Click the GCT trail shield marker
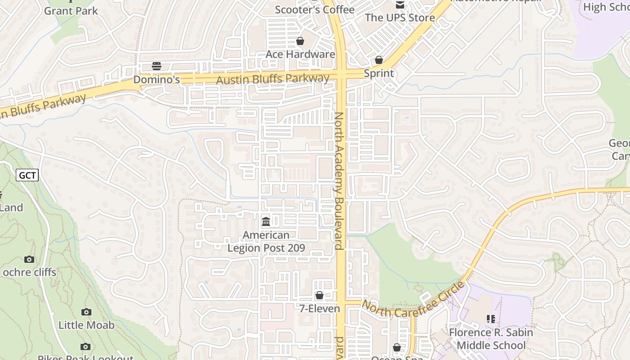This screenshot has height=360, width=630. point(27,175)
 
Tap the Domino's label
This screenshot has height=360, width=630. point(157,80)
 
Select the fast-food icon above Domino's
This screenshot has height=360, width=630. point(157,66)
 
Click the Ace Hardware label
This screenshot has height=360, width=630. point(300,54)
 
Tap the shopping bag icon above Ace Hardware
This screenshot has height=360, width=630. point(300,41)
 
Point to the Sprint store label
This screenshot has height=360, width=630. point(378,73)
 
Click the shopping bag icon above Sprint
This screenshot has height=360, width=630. point(379,60)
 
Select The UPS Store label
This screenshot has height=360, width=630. point(400,18)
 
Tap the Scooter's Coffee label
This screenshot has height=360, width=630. point(315,9)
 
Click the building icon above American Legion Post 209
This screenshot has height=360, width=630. point(266,221)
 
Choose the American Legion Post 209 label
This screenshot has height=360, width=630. point(266,241)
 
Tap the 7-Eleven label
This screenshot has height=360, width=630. point(319,309)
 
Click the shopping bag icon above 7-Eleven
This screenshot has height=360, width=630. point(319,295)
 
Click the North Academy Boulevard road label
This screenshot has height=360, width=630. point(338,180)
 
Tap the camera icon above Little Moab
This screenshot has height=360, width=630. point(86,312)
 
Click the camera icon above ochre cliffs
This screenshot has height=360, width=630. point(29,259)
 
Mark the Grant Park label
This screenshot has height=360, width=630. point(71,11)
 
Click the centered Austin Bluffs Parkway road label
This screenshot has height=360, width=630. point(273,79)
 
